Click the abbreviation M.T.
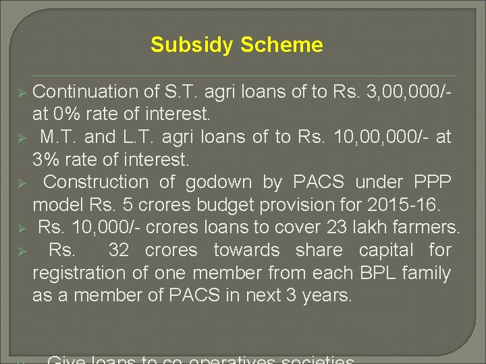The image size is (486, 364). click(x=60, y=137)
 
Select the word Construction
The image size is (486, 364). click(x=95, y=182)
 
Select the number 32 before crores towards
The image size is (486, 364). click(x=119, y=250)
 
